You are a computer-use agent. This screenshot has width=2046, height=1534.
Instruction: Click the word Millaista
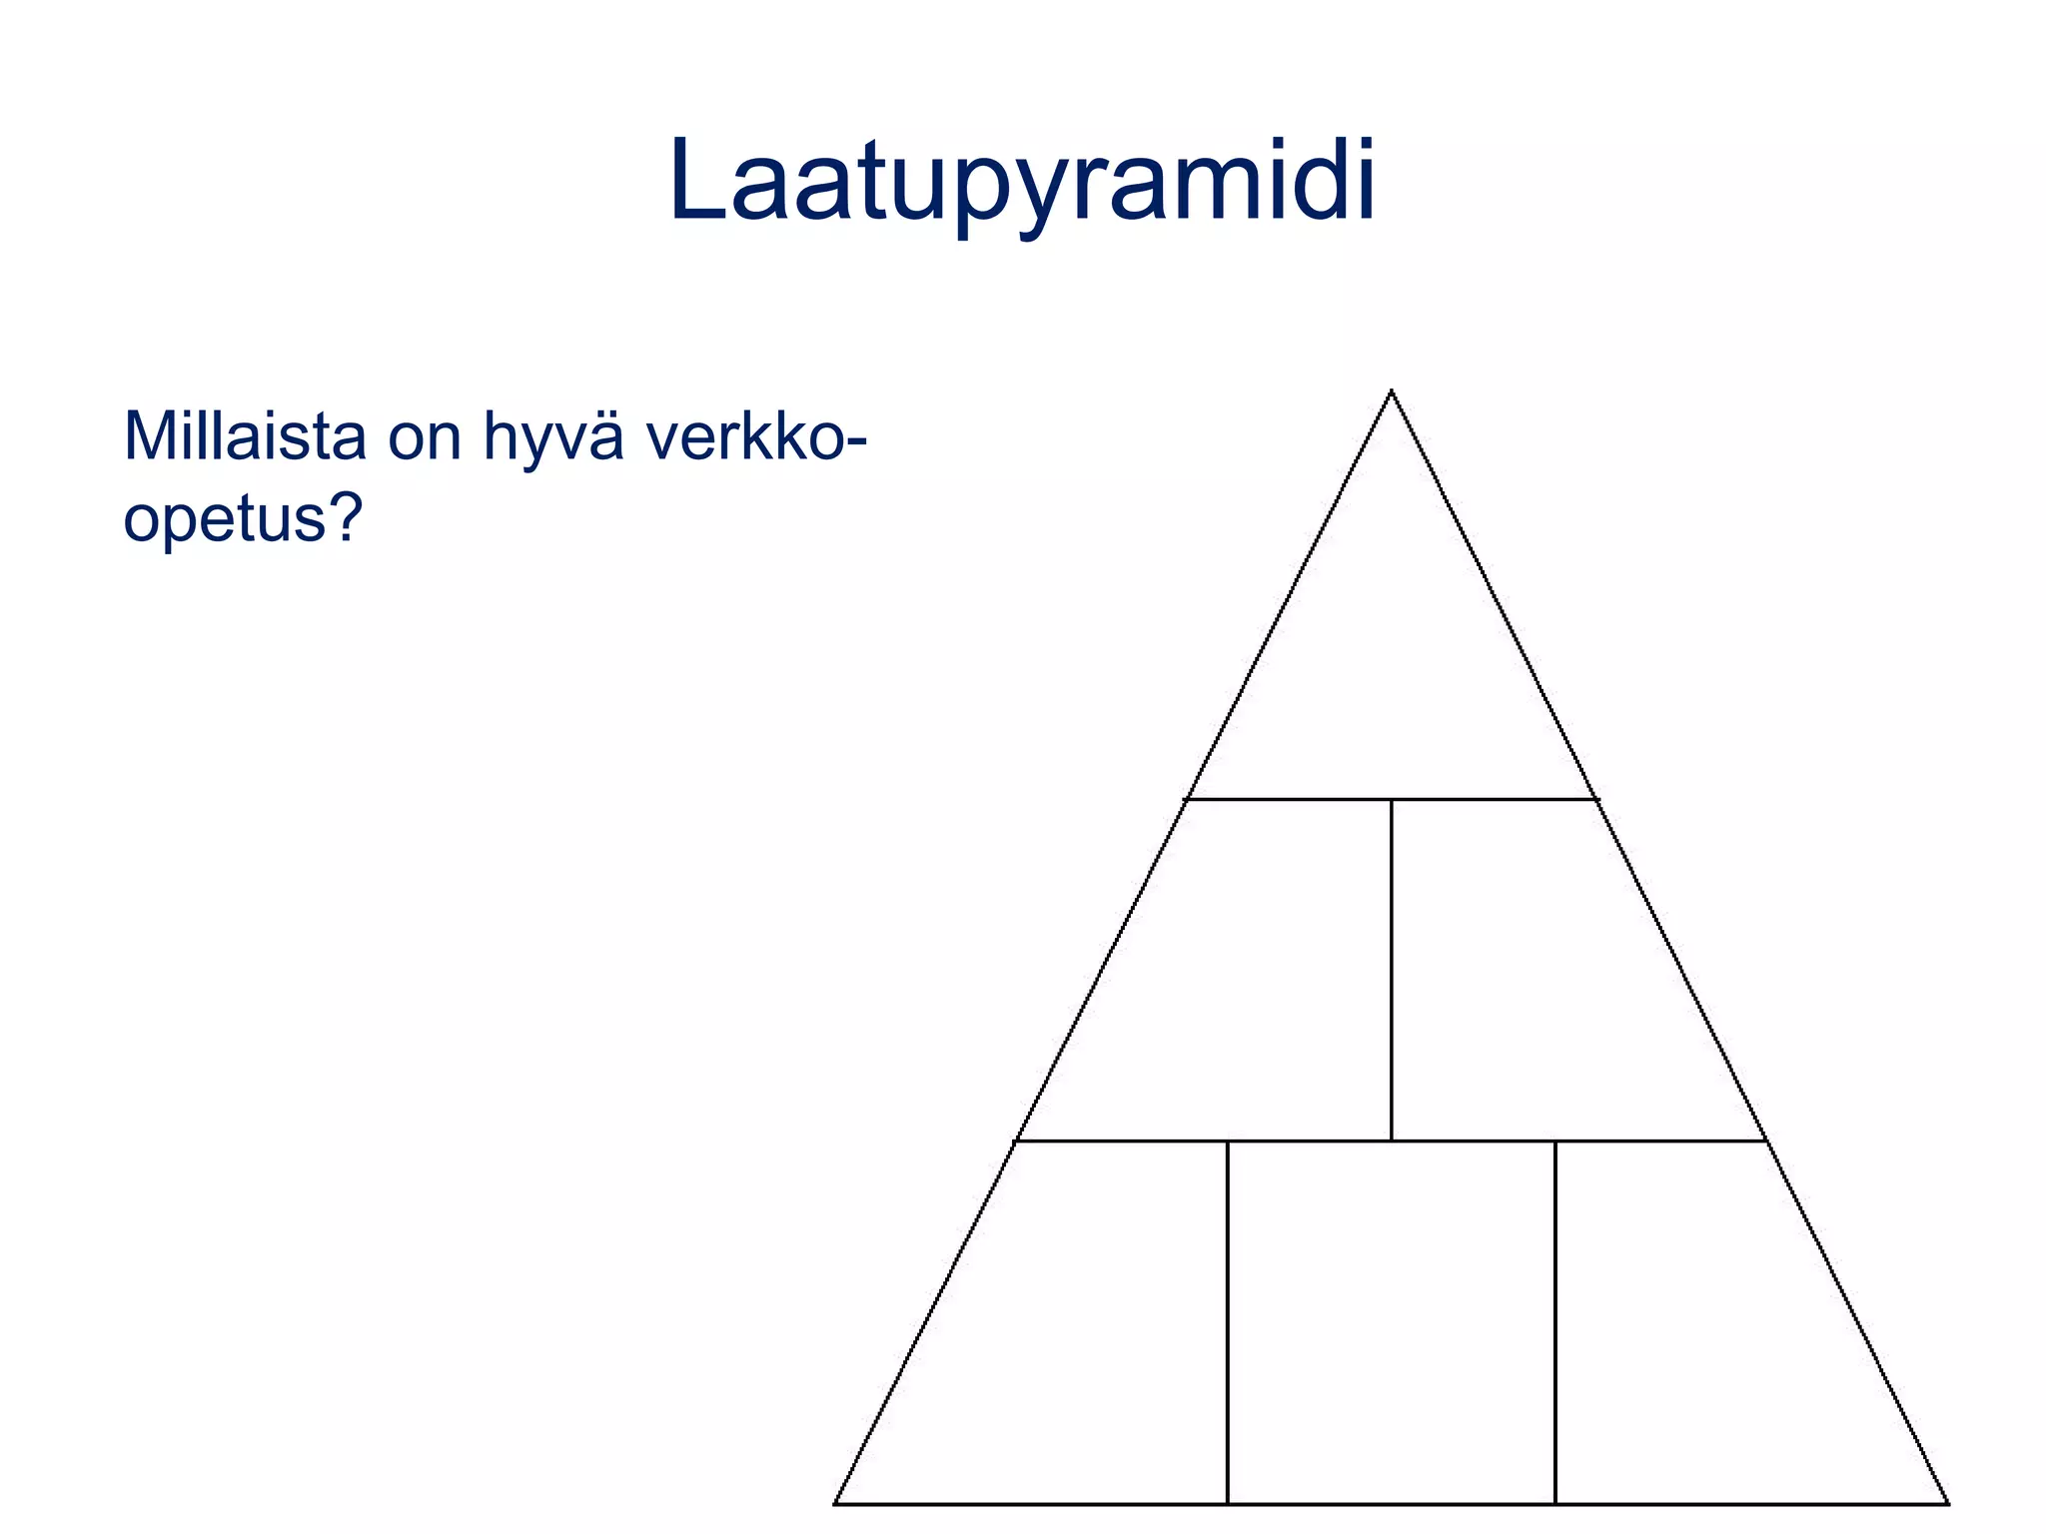click(245, 436)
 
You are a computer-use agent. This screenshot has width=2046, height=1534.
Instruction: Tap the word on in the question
click(426, 439)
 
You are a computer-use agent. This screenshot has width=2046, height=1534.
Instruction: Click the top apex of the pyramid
click(1392, 391)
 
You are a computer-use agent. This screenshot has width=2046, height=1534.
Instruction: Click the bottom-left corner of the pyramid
click(836, 1502)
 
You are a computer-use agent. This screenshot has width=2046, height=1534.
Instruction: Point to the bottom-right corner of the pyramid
click(1947, 1502)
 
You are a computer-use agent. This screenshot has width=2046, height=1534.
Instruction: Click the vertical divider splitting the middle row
click(1392, 969)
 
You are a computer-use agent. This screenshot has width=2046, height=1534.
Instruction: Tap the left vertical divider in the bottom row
click(1228, 1318)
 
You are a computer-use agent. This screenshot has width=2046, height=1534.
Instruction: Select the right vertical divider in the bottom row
click(1555, 1318)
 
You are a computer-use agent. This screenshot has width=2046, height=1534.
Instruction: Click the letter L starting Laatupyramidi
click(695, 180)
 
